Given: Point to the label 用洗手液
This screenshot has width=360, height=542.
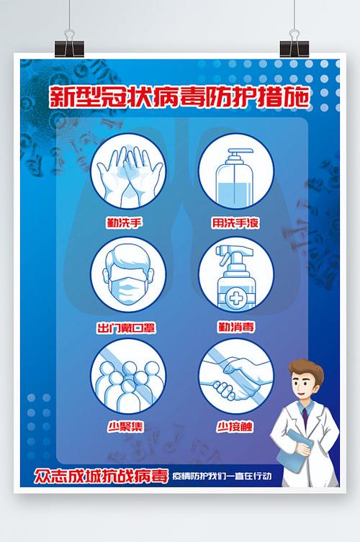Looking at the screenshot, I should click(235, 223).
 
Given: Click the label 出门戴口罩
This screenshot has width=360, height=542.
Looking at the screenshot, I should click(126, 328).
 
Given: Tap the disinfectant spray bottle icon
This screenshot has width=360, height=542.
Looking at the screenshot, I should click(235, 277).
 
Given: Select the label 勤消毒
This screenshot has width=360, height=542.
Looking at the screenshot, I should click(235, 328).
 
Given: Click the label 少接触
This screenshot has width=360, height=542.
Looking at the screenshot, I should click(235, 426).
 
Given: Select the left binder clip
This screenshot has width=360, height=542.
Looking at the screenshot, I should click(69, 42).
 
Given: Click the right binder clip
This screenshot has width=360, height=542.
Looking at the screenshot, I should click(294, 42).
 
